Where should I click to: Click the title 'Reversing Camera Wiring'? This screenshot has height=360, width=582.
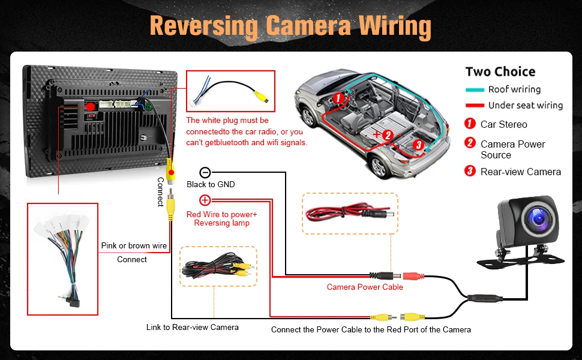(290, 26)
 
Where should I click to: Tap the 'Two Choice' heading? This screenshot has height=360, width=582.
(500, 72)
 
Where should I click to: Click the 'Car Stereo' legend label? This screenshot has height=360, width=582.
(503, 124)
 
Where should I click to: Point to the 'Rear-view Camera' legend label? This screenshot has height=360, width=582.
(520, 172)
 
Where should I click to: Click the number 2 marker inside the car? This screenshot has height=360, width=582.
(388, 135)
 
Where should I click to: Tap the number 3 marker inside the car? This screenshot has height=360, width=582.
(419, 145)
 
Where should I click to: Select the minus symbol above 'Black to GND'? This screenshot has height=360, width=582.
(205, 172)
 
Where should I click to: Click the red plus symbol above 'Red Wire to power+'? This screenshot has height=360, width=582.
(205, 200)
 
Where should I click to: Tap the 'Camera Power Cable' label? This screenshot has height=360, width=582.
(365, 287)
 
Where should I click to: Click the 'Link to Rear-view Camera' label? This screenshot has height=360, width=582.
(192, 327)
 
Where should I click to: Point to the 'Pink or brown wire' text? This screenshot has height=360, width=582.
(134, 245)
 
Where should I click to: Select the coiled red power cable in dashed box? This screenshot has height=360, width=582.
(350, 214)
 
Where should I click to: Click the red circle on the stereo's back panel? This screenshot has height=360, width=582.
(91, 107)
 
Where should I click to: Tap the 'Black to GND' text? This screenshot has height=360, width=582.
(210, 184)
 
